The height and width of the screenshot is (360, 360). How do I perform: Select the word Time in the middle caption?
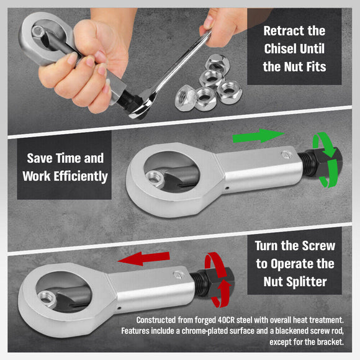pyautogui.click(x=83, y=159)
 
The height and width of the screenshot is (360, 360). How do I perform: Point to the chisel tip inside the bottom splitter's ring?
pyautogui.click(x=65, y=303)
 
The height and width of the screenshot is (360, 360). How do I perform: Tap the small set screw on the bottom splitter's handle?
pyautogui.click(x=179, y=274)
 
